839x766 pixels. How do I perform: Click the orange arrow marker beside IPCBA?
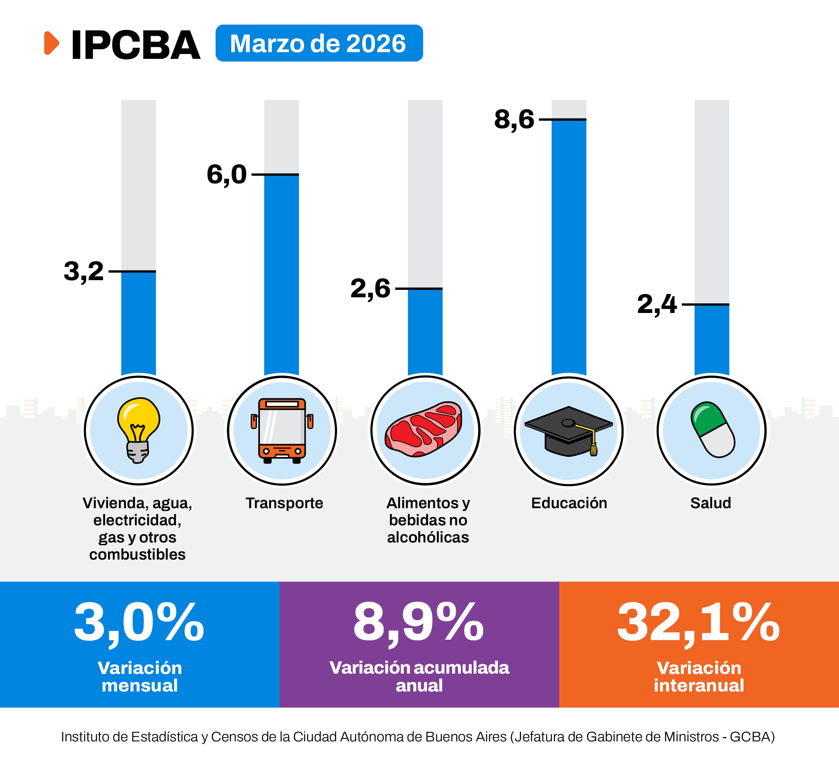pyautogui.click(x=51, y=43)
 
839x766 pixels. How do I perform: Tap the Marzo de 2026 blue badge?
pyautogui.click(x=319, y=43)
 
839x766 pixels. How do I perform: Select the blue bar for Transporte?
pyautogui.click(x=281, y=275)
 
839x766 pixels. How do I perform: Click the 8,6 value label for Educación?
pyautogui.click(x=514, y=119)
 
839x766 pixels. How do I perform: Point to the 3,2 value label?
pyautogui.click(x=84, y=271)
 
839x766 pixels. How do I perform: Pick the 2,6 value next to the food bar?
pyautogui.click(x=370, y=288)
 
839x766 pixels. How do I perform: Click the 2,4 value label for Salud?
pyautogui.click(x=657, y=304)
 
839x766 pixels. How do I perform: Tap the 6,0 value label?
pyautogui.click(x=227, y=174)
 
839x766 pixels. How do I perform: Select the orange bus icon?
pyautogui.click(x=282, y=430)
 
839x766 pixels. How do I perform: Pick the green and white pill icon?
pyautogui.click(x=713, y=430)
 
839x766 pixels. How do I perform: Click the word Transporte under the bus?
pyautogui.click(x=284, y=503)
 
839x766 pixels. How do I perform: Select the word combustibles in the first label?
pyautogui.click(x=137, y=554)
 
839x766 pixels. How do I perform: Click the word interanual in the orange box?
pyautogui.click(x=699, y=685)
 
